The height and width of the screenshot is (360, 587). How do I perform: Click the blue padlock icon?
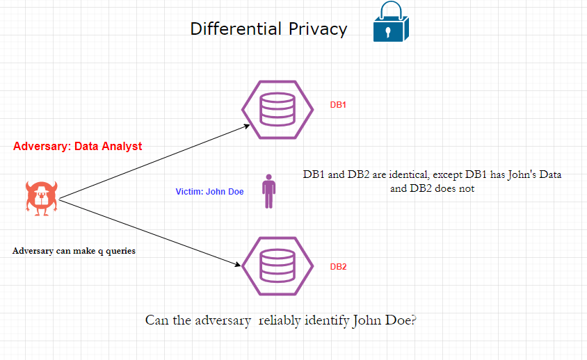click(389, 23)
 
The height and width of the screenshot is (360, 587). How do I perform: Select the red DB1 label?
click(338, 106)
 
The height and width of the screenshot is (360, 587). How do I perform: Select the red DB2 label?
click(338, 267)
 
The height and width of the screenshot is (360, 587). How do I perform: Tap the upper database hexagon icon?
click(277, 109)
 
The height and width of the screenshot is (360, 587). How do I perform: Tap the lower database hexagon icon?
click(277, 265)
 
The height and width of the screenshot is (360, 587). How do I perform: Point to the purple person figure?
click(268, 191)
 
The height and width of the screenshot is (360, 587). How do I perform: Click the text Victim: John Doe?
click(209, 192)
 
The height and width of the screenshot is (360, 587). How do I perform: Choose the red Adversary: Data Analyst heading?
click(77, 146)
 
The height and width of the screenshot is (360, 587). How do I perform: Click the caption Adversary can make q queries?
click(74, 251)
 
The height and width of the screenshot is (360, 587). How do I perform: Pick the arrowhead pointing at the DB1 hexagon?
click(246, 126)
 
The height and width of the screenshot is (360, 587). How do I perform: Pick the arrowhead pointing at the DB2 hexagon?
click(237, 264)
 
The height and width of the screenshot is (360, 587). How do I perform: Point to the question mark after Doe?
click(413, 320)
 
